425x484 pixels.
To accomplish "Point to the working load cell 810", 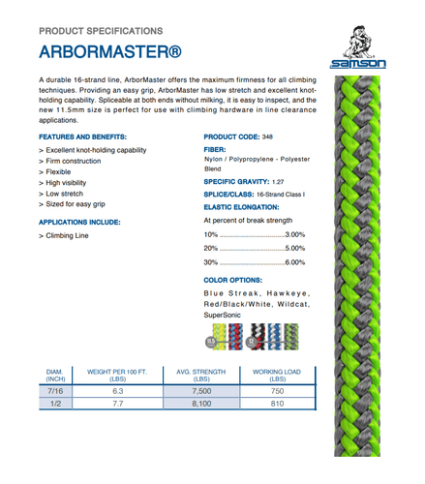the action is pos(276,408).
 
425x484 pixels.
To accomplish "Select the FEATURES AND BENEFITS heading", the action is pos(83,136).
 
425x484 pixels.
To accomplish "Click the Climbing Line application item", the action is pos(69,234).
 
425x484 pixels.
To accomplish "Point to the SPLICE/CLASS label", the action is pos(230,195).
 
